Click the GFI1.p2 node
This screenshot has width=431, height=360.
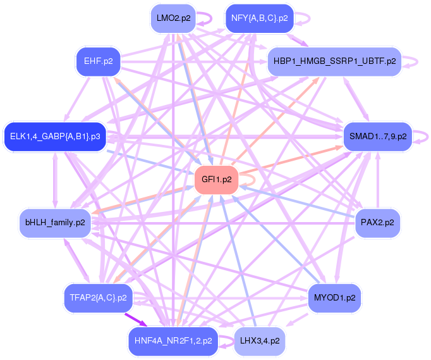point(216,180)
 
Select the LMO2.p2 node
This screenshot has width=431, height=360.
point(173,18)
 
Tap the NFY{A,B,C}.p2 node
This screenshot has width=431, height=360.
point(260,18)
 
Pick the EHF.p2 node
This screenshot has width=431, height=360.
point(99,61)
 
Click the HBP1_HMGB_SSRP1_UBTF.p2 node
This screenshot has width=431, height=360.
point(334,61)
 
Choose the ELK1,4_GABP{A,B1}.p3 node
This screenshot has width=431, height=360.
point(55,137)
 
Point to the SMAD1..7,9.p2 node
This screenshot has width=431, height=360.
point(378,137)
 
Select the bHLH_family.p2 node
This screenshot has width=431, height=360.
point(55,223)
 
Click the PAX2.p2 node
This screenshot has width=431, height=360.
point(377,223)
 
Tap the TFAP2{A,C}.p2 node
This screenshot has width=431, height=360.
point(98,298)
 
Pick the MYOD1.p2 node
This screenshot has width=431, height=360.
point(334,298)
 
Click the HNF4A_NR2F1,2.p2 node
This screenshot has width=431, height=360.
point(173,341)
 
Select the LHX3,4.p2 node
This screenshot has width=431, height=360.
point(260,341)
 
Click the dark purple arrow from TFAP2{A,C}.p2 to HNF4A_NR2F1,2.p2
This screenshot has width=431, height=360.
point(136,320)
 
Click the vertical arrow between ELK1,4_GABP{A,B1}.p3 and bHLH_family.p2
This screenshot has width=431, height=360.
point(55,180)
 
